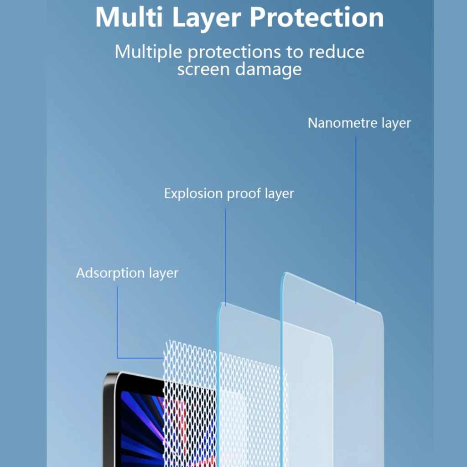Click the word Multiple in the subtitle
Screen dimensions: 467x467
(x=149, y=52)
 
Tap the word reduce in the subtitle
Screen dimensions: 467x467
(x=337, y=52)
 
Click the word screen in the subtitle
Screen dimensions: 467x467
(x=204, y=69)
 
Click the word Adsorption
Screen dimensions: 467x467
(x=110, y=273)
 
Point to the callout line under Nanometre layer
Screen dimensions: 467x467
(x=356, y=219)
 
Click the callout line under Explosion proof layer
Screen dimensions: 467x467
(x=225, y=255)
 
